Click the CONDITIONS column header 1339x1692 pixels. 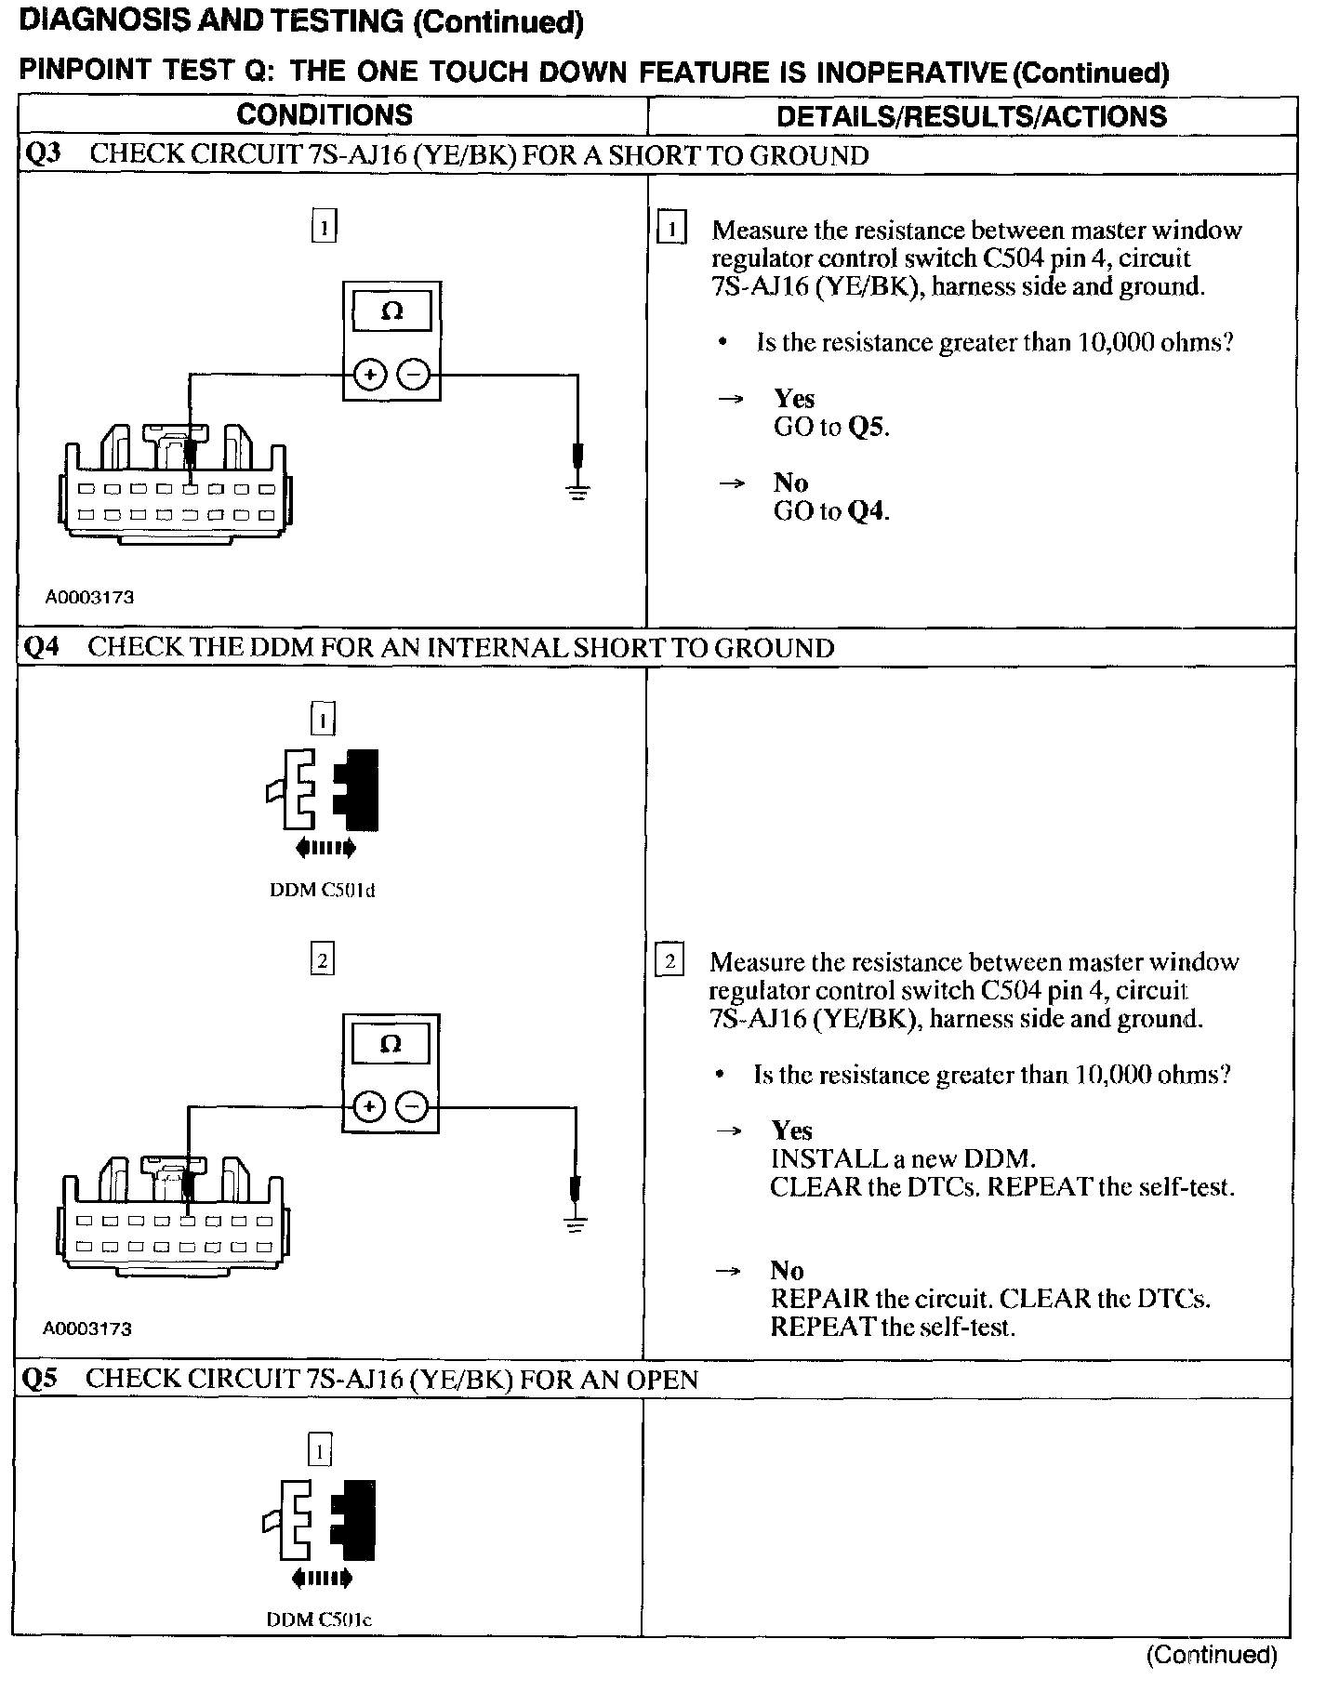pyautogui.click(x=325, y=115)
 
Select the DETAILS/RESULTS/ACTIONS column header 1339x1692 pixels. pyautogui.click(x=971, y=116)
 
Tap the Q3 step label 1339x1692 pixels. pyautogui.click(x=42, y=154)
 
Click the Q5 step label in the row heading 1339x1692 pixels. pyautogui.click(x=40, y=1378)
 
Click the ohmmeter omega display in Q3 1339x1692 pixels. pyautogui.click(x=391, y=311)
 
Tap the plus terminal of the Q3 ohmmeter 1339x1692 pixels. pyautogui.click(x=370, y=375)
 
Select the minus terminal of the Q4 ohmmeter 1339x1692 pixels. pyautogui.click(x=413, y=1106)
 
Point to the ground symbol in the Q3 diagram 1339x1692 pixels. pyautogui.click(x=577, y=490)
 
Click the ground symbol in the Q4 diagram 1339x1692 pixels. pyautogui.click(x=576, y=1223)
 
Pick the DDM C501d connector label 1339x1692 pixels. pyautogui.click(x=323, y=890)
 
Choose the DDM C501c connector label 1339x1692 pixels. pyautogui.click(x=319, y=1619)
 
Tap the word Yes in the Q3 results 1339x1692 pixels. pyautogui.click(x=794, y=399)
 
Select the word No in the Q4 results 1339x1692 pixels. pyautogui.click(x=787, y=1270)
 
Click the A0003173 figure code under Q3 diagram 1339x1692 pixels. pyautogui.click(x=89, y=597)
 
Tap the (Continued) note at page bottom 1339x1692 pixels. pyautogui.click(x=1212, y=1654)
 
